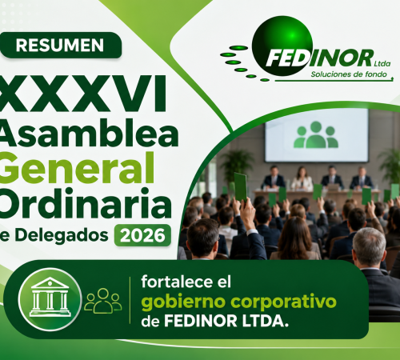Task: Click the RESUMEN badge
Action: point(61,45)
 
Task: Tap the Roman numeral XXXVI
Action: point(83,94)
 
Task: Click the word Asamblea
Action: point(89,134)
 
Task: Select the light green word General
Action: point(77,168)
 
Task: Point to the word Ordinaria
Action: point(86,203)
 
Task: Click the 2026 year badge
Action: point(142,235)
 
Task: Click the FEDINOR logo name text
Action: point(319,58)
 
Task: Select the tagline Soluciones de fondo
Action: point(349,74)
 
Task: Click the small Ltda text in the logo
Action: point(382,64)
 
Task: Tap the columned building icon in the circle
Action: point(50,297)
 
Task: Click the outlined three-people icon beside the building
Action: point(103,301)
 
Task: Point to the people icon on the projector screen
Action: point(316,134)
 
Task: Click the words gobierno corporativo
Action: point(239,302)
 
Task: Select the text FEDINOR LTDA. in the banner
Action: point(226,321)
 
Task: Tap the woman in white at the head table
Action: point(302,179)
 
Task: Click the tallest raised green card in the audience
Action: point(240,187)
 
